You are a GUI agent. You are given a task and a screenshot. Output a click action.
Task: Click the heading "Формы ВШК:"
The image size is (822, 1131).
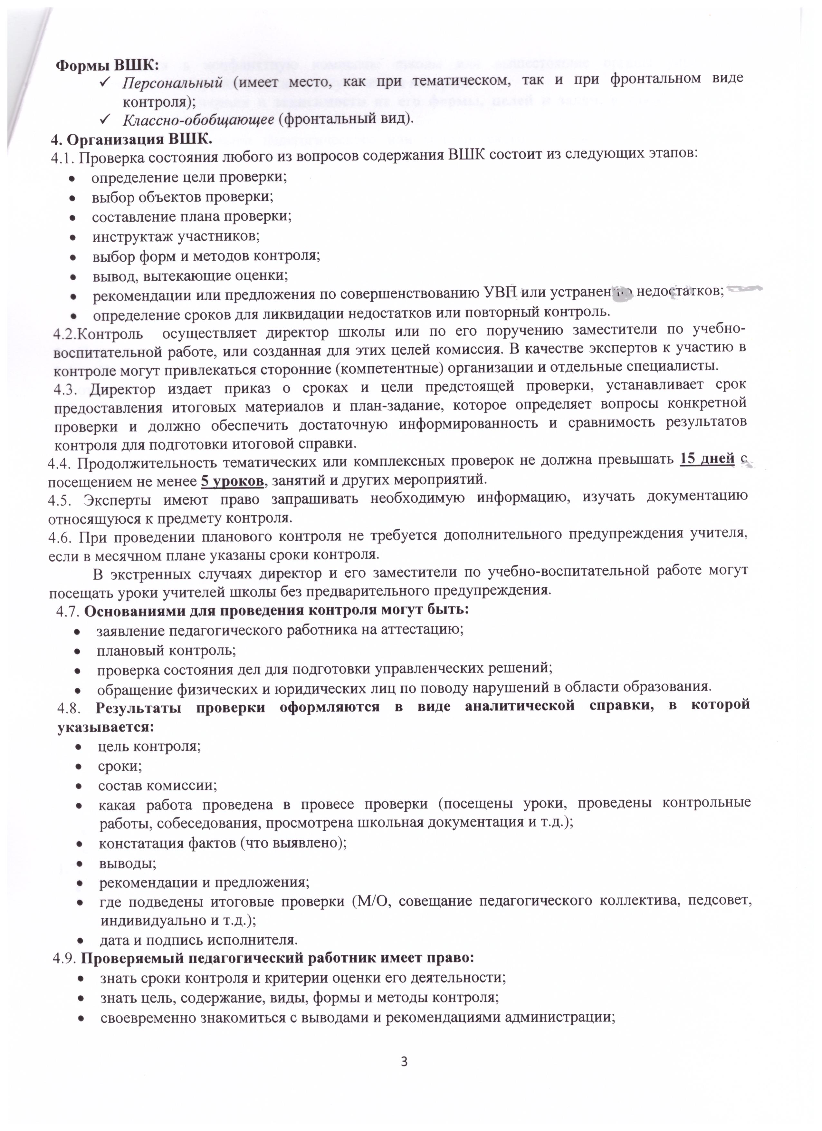107,66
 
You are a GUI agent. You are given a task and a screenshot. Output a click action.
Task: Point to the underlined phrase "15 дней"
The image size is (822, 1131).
707,459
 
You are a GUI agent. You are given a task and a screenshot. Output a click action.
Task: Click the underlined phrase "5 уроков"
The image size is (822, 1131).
232,481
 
